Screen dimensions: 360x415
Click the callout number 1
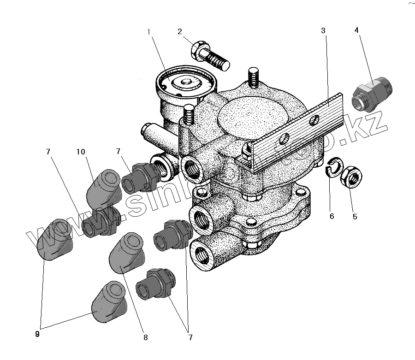point(149,32)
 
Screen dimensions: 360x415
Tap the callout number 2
point(180,32)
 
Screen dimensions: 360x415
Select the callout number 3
point(323,31)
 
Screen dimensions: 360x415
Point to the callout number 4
point(356,30)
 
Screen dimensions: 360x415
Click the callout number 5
point(355,216)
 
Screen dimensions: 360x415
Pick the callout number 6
point(332,216)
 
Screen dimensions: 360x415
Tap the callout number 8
point(146,338)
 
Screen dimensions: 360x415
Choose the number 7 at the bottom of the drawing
point(190,338)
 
